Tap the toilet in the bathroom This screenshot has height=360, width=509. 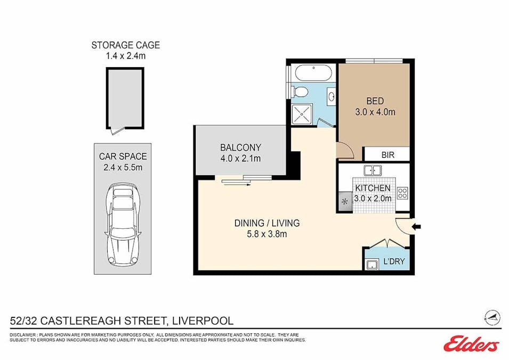point(301,92)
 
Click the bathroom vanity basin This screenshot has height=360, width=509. point(330,97)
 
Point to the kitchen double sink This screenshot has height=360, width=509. point(373,171)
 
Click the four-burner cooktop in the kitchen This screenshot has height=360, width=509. point(402,193)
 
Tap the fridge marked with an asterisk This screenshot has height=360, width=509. point(344,202)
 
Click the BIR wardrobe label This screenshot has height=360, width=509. point(387,155)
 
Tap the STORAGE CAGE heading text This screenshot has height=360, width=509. point(125,45)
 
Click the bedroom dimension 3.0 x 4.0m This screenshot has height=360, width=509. point(375,112)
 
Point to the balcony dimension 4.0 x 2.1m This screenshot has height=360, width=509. point(240,158)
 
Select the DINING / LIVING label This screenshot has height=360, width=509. point(267,223)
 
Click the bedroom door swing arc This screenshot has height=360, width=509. point(346,152)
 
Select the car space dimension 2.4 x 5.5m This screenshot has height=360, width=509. point(123,167)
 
